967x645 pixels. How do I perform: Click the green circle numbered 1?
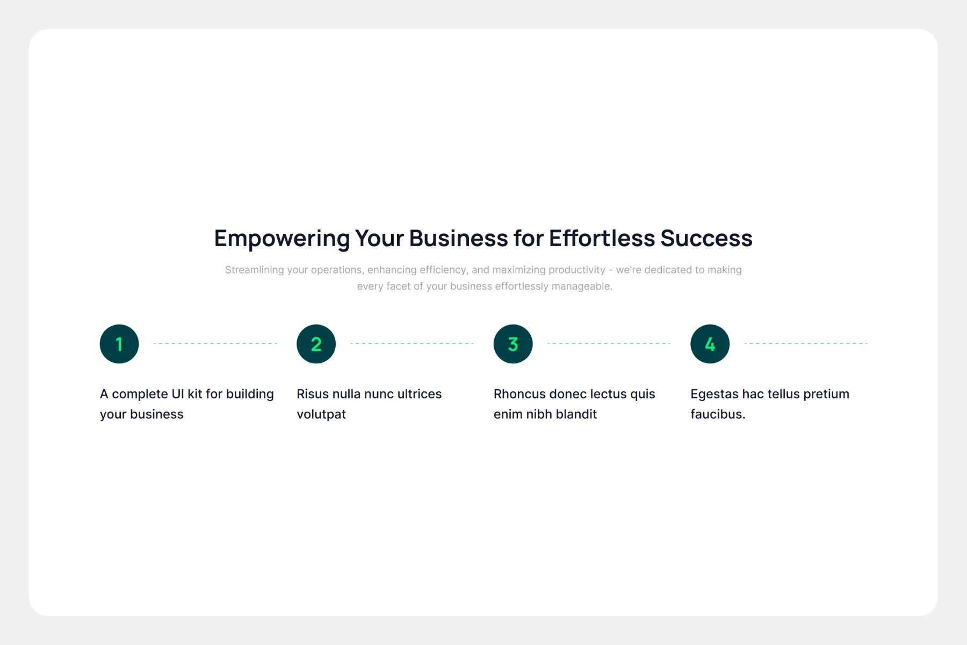tap(119, 344)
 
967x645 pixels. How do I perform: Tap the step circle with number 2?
tap(316, 344)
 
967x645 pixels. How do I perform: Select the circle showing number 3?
tap(513, 344)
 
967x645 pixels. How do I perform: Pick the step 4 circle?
tap(710, 344)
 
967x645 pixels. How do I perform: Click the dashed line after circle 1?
tap(215, 343)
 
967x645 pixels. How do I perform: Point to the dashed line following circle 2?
tap(412, 343)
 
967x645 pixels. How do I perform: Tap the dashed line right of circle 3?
tap(609, 343)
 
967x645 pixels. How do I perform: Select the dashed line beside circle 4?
tap(806, 343)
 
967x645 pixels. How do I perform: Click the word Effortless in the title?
tap(602, 238)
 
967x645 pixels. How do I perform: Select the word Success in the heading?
tap(706, 238)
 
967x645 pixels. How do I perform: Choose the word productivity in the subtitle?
tap(573, 270)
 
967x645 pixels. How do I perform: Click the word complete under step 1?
tap(140, 395)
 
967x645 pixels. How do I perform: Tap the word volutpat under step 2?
tap(321, 414)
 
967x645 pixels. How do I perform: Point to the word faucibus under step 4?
tap(718, 414)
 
